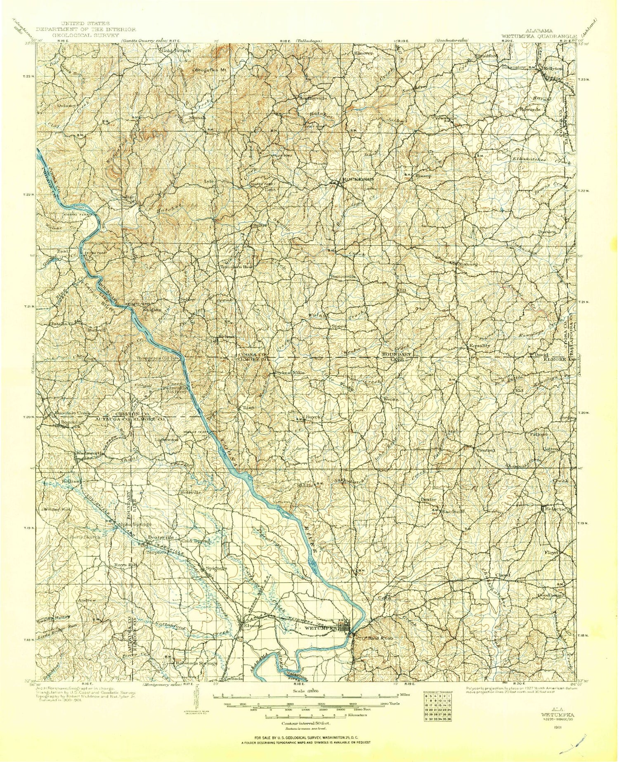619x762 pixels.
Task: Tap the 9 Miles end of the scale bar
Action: (400, 695)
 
